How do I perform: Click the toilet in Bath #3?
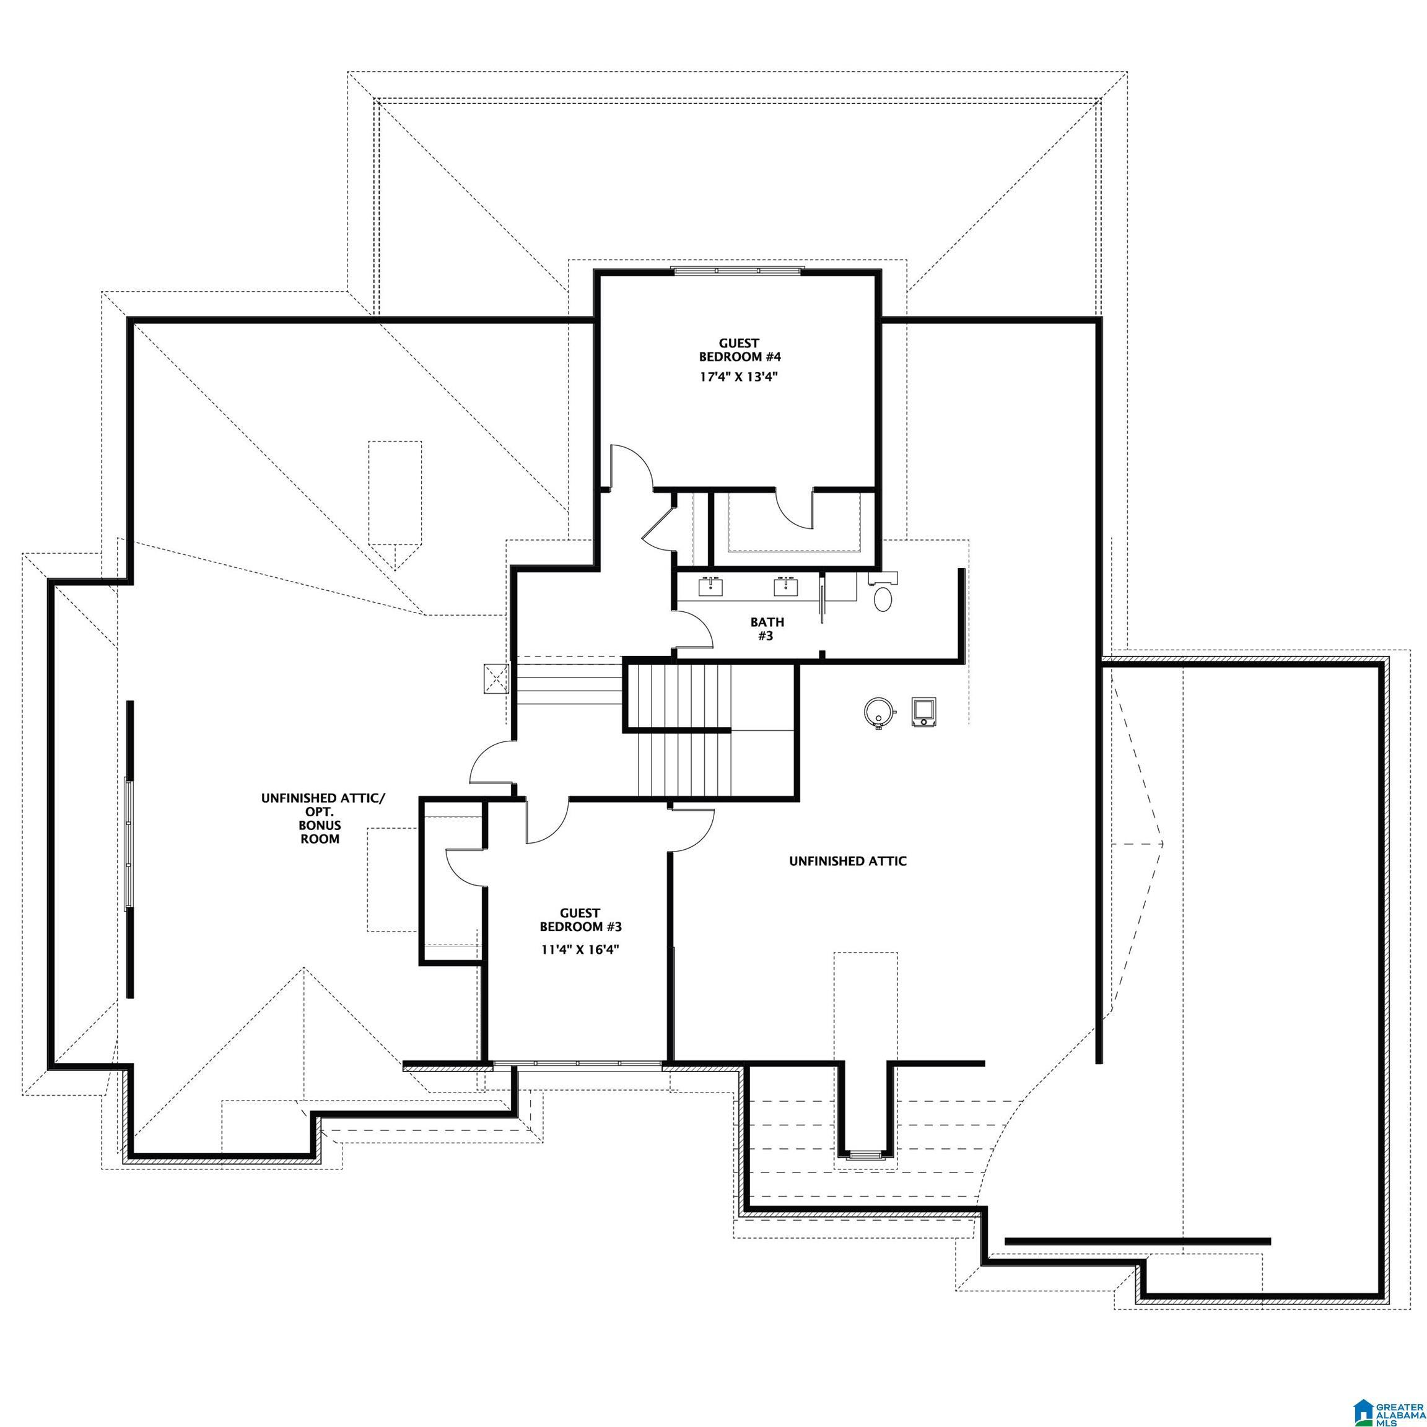click(883, 598)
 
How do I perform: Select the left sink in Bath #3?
click(711, 587)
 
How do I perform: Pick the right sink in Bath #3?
click(784, 587)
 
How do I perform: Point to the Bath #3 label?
click(767, 629)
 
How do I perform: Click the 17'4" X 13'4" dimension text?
click(740, 377)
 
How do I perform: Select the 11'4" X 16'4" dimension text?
click(580, 950)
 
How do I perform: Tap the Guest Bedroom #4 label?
click(740, 349)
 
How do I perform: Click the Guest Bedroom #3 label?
click(580, 920)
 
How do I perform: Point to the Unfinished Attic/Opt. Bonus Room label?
click(323, 818)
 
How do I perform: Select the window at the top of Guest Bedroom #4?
click(737, 271)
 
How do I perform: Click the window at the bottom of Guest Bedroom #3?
click(578, 1063)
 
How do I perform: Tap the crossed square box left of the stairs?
click(496, 679)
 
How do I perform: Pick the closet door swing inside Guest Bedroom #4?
click(796, 510)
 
